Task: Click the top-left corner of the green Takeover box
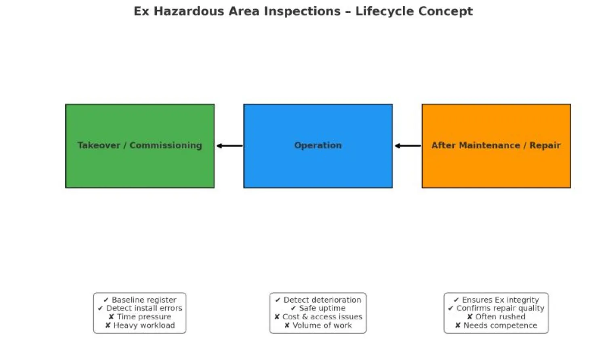pos(66,104)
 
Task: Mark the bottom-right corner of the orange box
pos(570,187)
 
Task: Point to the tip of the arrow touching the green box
pos(217,146)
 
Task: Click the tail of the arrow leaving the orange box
pos(421,146)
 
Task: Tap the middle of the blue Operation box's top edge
pos(318,104)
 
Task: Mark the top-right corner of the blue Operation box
pos(392,104)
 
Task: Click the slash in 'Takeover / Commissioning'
pos(125,145)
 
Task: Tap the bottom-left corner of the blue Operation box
pos(244,187)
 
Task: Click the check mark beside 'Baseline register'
pos(106,300)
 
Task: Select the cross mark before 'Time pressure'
pos(111,317)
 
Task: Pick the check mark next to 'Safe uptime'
pos(293,308)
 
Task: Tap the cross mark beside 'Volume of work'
pos(287,325)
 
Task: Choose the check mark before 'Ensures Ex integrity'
pos(456,300)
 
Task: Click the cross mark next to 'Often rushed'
pos(469,317)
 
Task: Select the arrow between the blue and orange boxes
pos(408,146)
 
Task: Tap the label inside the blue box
pos(318,145)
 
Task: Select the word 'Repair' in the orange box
pos(545,145)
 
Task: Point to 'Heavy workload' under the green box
pos(144,325)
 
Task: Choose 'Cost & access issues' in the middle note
pos(322,317)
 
